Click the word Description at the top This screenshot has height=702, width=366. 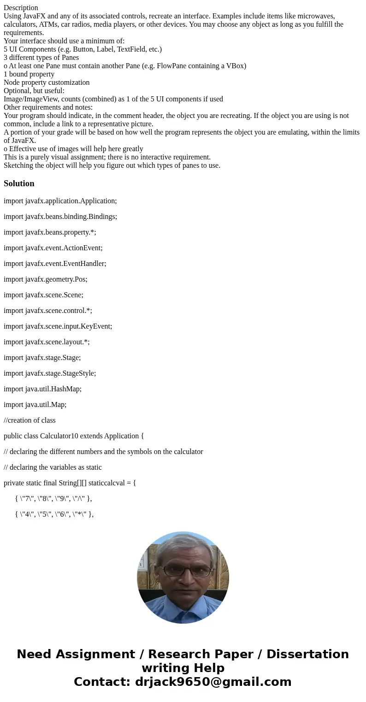click(21, 8)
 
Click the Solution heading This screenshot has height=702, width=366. click(19, 183)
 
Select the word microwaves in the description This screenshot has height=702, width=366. click(319, 16)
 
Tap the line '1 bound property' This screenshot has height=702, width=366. click(29, 74)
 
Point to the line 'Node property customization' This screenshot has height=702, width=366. click(47, 83)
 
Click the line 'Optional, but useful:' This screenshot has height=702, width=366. click(34, 91)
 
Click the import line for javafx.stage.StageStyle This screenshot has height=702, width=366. click(50, 373)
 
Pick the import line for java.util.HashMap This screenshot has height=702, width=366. click(42, 389)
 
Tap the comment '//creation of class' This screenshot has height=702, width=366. click(30, 420)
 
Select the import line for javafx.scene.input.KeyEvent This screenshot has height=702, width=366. click(58, 326)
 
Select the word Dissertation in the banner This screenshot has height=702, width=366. click(307, 655)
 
